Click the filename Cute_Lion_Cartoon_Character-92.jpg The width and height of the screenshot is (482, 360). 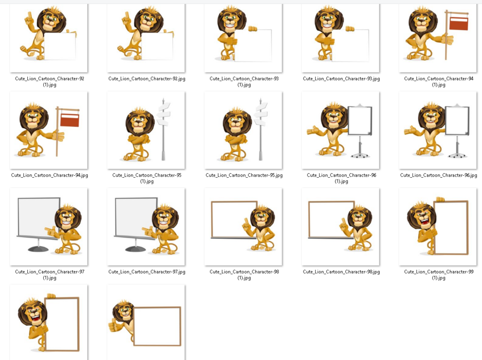(147, 79)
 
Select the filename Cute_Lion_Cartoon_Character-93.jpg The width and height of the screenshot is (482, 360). (341, 79)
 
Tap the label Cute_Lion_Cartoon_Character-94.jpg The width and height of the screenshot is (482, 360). (49, 175)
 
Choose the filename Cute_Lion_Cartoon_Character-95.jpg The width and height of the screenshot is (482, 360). (244, 175)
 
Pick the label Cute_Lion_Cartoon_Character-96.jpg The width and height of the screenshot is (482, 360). (439, 175)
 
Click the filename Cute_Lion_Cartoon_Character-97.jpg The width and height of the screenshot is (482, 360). (147, 272)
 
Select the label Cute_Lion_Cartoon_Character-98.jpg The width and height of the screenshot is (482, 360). (341, 272)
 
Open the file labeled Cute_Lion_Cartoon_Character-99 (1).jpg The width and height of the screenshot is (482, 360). (439, 275)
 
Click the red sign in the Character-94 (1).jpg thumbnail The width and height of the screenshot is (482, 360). (458, 23)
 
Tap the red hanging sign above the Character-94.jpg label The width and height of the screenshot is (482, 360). (70, 120)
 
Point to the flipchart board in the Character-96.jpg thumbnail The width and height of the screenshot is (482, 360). (457, 120)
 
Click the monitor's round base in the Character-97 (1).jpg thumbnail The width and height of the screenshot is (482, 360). (38, 249)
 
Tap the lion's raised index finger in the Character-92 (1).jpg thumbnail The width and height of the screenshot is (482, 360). (30, 16)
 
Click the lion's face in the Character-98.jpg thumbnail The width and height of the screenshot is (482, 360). (359, 219)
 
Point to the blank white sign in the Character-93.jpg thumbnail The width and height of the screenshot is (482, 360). (351, 45)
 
